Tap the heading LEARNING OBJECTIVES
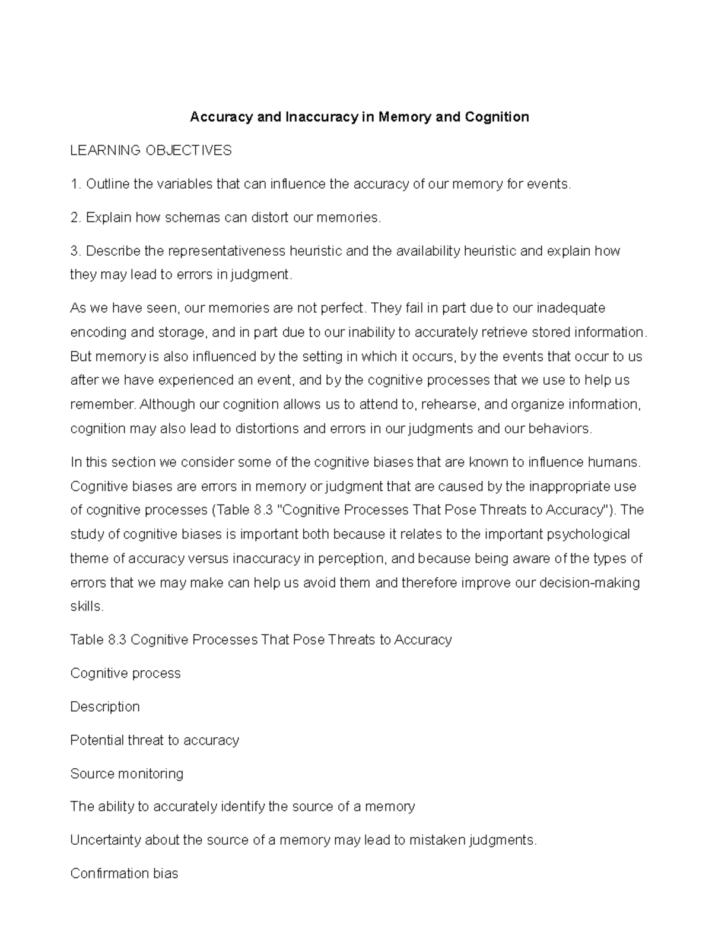tap(151, 151)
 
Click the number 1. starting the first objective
tap(75, 184)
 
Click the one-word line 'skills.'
tap(87, 607)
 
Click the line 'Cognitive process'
tap(125, 674)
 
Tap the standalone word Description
tap(105, 707)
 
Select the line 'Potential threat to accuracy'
tap(154, 740)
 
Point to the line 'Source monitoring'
tap(126, 774)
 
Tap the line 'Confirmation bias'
tap(124, 874)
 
